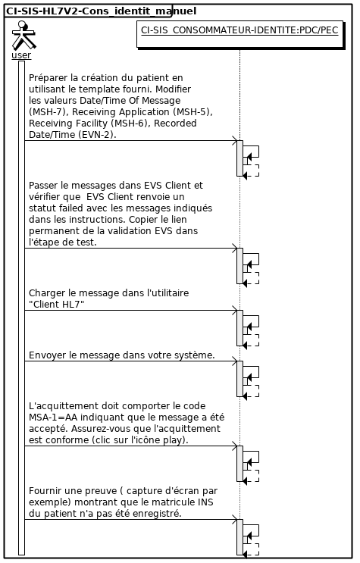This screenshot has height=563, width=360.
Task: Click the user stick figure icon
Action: (x=23, y=35)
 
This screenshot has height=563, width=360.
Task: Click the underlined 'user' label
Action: (x=21, y=55)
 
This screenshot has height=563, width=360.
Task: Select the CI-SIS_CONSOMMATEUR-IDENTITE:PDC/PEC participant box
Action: (x=239, y=34)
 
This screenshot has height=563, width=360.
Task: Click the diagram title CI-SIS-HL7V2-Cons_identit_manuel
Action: (x=101, y=11)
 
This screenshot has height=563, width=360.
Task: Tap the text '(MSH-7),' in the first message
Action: (x=48, y=112)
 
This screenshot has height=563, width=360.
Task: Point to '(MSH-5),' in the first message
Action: (x=193, y=112)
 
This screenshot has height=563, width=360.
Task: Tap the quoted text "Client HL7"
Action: (x=56, y=305)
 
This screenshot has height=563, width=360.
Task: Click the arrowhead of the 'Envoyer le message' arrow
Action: (x=236, y=361)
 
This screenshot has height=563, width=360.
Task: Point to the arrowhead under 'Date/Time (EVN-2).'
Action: (x=236, y=141)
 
